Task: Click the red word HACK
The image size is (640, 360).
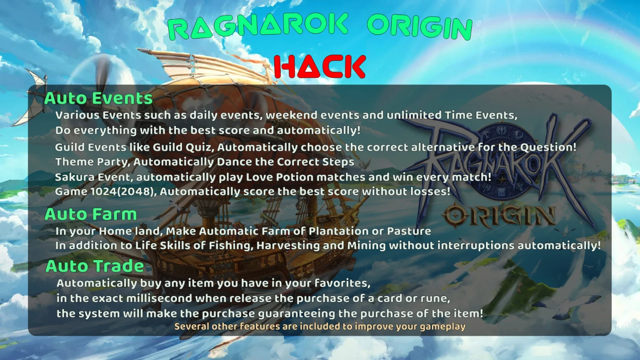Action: point(320,67)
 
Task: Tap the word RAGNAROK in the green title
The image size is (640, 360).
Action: point(258,26)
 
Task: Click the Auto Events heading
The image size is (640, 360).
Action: point(98,98)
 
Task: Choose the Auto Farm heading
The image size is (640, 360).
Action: point(91,214)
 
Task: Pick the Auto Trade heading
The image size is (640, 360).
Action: point(95,266)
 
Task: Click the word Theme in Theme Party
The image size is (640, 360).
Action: point(75,162)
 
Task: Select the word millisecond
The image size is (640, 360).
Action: point(159,298)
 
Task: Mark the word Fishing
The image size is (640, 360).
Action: point(231,245)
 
